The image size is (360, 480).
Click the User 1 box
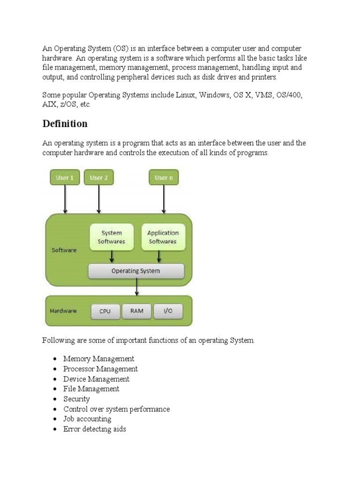[65, 178]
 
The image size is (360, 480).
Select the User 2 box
[98, 178]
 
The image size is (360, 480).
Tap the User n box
[164, 178]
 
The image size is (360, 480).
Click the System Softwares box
[112, 237]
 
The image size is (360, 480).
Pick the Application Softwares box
[163, 237]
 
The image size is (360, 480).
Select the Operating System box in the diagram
[136, 271]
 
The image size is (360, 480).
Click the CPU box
[105, 311]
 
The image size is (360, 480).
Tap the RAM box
[137, 311]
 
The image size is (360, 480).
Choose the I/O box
[168, 311]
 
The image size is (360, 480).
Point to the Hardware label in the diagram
[63, 311]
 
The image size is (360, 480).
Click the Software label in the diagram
[64, 250]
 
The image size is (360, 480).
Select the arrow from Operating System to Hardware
[136, 287]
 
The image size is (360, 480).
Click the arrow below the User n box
[164, 199]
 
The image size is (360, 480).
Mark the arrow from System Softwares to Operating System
[112, 257]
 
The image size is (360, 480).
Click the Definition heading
[65, 124]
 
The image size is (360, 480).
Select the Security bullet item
[76, 399]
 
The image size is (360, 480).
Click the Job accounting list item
[87, 419]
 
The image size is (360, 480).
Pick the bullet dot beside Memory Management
[55, 359]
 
